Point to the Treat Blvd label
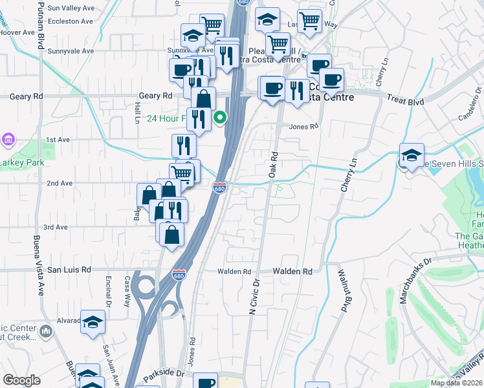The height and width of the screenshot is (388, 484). (405, 102)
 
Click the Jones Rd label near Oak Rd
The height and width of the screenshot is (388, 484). (304, 127)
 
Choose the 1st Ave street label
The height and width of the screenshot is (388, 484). (57, 140)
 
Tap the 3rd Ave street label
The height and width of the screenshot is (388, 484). (56, 228)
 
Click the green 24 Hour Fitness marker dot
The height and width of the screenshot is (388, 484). (220, 118)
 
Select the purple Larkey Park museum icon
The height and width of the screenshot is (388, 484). (8, 139)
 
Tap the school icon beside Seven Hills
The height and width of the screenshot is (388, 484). (412, 155)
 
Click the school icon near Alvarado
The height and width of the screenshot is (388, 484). (93, 321)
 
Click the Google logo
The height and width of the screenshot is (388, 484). (22, 380)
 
